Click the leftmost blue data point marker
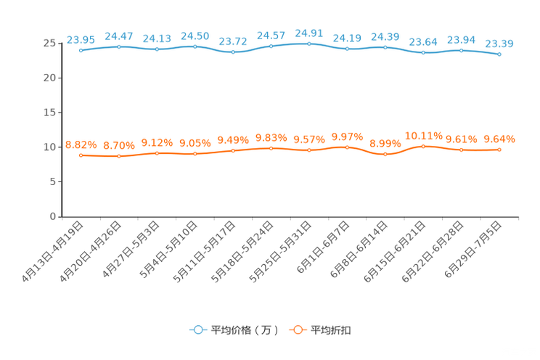81,50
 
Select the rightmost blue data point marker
499,54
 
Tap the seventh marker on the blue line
309,44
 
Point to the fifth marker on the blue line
233,52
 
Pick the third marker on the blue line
157,49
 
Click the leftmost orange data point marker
81,155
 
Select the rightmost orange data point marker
499,150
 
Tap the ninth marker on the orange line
385,154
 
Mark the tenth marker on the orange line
423,147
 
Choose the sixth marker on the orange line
271,148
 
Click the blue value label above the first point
81,39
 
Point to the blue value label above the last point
499,44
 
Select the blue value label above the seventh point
309,33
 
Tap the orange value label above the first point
81,144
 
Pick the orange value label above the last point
499,139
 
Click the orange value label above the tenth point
423,136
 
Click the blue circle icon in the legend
197,330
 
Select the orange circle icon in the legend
297,330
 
